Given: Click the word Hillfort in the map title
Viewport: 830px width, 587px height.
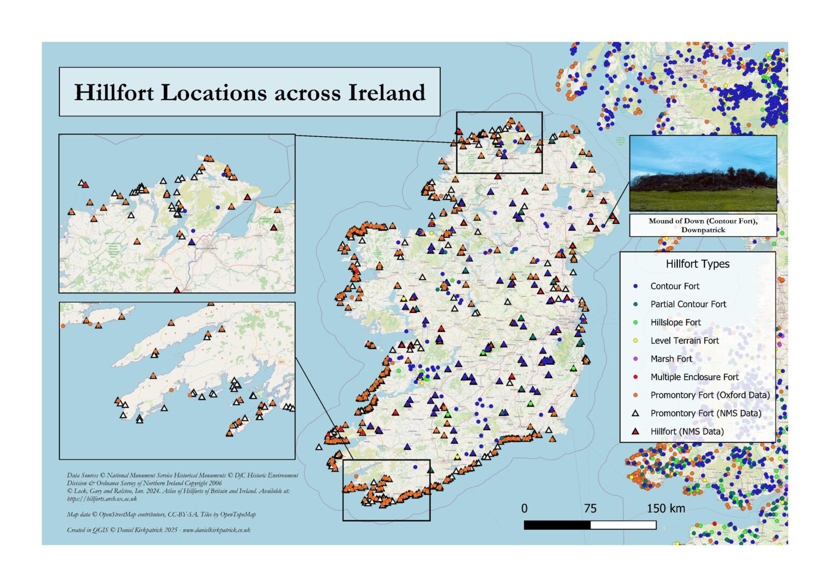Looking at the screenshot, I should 114,93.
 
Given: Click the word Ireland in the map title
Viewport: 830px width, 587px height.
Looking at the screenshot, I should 386,92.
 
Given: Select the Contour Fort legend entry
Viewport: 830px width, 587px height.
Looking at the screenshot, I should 674,286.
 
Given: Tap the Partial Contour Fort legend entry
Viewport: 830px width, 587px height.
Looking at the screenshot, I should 688,304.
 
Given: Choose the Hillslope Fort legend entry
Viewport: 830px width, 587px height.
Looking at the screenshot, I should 675,323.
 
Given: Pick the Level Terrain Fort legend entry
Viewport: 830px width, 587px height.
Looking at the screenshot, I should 684,341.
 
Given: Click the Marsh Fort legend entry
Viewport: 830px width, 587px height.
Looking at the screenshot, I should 671,359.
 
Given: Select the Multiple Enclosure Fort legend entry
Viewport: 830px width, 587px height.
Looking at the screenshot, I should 694,377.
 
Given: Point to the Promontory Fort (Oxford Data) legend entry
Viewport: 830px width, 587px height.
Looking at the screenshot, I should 709,395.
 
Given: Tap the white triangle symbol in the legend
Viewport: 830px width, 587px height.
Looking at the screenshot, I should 635,413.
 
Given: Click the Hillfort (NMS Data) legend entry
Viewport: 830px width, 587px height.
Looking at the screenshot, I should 687,431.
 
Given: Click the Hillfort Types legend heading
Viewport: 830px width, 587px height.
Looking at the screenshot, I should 697,264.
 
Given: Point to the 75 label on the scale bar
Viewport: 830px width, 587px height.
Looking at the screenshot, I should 590,509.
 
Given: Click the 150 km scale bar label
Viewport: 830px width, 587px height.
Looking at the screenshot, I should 666,509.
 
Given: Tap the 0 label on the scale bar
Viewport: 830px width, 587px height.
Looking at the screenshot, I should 524,509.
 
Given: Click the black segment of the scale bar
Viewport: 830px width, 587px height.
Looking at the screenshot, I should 557,525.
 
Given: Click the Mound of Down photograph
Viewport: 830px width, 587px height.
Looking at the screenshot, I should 703,173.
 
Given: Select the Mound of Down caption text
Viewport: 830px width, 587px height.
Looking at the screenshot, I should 703,225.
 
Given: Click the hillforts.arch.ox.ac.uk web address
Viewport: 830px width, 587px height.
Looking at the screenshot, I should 102,499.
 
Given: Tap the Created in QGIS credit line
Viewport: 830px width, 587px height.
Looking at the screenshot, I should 158,530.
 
